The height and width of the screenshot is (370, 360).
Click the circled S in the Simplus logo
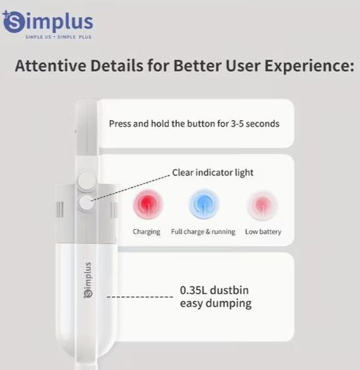(13, 22)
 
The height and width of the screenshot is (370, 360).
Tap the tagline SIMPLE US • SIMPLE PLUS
(58, 37)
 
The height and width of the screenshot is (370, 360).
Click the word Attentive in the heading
(51, 66)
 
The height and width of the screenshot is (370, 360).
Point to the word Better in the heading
(197, 66)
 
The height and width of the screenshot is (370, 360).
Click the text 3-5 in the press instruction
(237, 123)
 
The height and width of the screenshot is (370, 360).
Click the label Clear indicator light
(213, 173)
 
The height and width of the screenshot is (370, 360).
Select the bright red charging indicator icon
(148, 204)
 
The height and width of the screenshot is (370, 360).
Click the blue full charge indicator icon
(204, 204)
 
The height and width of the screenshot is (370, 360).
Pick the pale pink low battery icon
(262, 205)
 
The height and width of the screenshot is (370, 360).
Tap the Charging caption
(147, 232)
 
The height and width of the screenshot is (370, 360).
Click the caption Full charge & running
(203, 232)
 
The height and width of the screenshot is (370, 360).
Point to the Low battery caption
(263, 232)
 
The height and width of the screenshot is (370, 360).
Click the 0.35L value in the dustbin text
(194, 290)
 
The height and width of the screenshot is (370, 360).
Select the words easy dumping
(216, 304)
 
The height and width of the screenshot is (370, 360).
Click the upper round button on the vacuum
(87, 181)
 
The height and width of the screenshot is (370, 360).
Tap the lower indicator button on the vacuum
(86, 202)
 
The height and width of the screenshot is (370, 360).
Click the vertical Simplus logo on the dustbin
(88, 280)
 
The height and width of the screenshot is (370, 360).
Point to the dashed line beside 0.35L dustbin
(140, 297)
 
